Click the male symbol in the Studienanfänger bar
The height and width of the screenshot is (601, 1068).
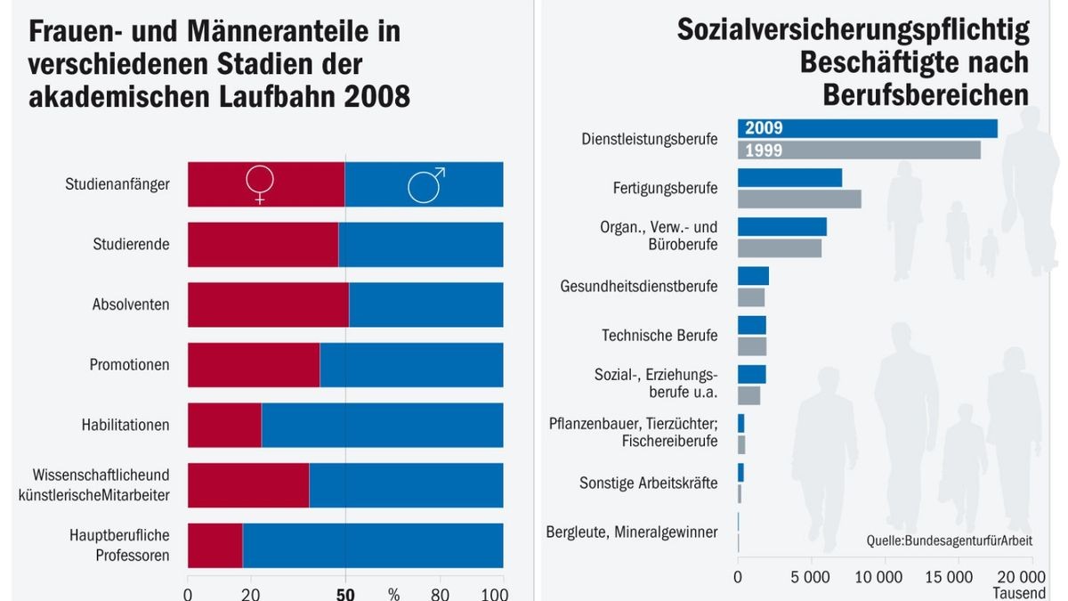click(x=425, y=184)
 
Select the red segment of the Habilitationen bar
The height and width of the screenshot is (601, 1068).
click(x=224, y=425)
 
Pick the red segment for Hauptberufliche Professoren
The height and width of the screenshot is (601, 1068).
click(x=214, y=545)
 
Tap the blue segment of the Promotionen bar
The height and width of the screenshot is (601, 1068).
click(x=411, y=364)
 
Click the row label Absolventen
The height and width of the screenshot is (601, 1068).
click(x=131, y=305)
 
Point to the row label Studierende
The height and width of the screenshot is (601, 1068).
click(x=131, y=244)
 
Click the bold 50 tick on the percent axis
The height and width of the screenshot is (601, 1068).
click(x=345, y=594)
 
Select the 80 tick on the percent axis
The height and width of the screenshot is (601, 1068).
click(x=440, y=594)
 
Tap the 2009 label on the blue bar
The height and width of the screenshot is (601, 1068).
click(x=764, y=128)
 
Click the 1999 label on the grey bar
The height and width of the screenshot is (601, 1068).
click(x=764, y=150)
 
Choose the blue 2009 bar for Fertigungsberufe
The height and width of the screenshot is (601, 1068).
click(x=789, y=177)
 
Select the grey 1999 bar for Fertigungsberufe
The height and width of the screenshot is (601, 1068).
click(x=799, y=199)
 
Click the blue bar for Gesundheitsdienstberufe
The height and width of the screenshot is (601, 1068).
click(x=753, y=276)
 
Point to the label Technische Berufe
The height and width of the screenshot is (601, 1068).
click(x=659, y=336)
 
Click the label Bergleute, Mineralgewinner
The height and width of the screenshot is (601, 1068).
click(x=631, y=532)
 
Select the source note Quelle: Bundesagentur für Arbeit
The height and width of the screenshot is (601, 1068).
click(x=949, y=540)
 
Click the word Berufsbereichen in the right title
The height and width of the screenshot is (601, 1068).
click(x=926, y=93)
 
